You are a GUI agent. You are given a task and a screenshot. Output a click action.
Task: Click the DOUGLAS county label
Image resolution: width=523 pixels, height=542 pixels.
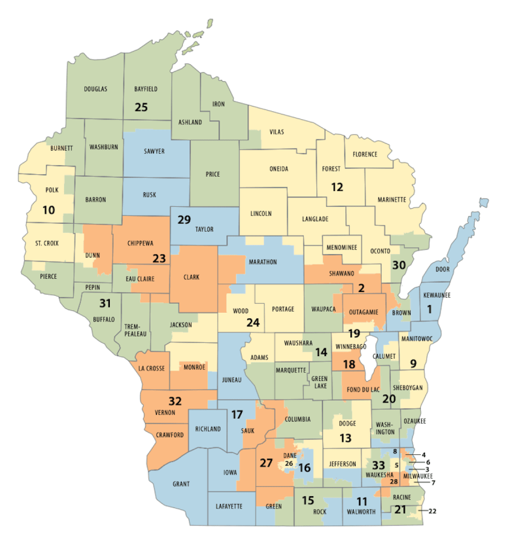pyautogui.click(x=95, y=88)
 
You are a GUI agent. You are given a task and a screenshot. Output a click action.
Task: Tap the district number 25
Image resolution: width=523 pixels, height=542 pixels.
pyautogui.click(x=141, y=107)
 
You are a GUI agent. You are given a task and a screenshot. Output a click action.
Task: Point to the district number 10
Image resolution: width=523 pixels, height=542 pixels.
pyautogui.click(x=49, y=210)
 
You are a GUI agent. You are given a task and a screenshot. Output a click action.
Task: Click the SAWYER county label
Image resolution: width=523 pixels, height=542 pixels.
pyautogui.click(x=154, y=151)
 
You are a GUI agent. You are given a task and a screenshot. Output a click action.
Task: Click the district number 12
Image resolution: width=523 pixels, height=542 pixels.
pyautogui.click(x=337, y=187)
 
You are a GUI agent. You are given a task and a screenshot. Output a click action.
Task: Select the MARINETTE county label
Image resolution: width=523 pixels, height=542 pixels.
pyautogui.click(x=392, y=199)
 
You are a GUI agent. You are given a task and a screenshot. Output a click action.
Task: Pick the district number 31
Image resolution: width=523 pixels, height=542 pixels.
pyautogui.click(x=105, y=303)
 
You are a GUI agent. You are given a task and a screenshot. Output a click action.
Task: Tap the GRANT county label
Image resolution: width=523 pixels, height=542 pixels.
pyautogui.click(x=180, y=484)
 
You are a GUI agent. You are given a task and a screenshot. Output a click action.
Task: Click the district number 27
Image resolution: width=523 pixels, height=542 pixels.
pyautogui.click(x=267, y=463)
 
